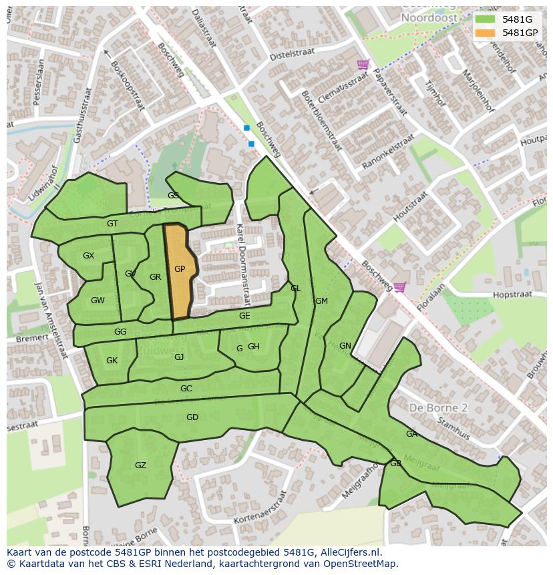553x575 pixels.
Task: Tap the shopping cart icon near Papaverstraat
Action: click(x=363, y=64)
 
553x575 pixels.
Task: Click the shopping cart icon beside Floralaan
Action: click(x=399, y=287)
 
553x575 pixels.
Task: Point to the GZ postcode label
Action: click(x=140, y=465)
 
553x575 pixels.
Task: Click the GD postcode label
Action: click(x=192, y=417)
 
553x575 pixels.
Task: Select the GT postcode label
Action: click(x=112, y=224)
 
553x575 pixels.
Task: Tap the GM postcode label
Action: click(x=321, y=301)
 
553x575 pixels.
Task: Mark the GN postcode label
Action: click(x=345, y=346)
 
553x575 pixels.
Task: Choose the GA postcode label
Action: click(x=411, y=434)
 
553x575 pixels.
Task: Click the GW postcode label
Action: click(x=98, y=301)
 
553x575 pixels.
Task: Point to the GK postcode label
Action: click(x=112, y=361)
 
